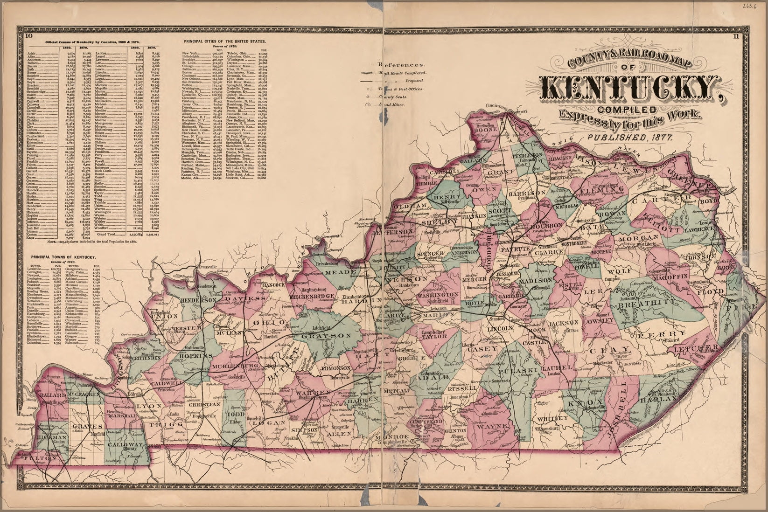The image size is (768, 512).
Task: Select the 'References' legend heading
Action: coord(402,65)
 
